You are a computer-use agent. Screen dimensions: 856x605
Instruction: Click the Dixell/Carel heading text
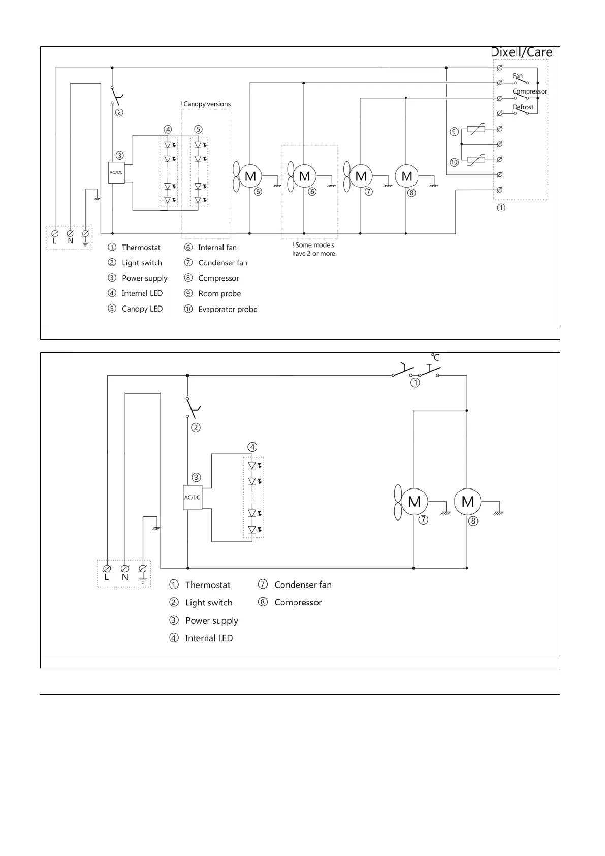click(x=522, y=52)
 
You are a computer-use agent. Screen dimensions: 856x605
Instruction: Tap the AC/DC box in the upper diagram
click(x=116, y=172)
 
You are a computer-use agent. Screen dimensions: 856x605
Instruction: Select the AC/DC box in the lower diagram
click(x=192, y=498)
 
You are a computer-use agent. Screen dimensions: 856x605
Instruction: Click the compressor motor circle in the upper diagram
click(x=407, y=176)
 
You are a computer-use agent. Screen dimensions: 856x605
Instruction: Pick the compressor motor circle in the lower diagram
click(x=467, y=502)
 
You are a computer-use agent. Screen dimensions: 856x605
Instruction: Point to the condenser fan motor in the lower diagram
click(x=414, y=502)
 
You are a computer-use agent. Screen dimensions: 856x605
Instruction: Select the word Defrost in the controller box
click(x=523, y=107)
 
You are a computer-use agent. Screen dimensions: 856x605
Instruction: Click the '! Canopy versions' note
click(x=206, y=104)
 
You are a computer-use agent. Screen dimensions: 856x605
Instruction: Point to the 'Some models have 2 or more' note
click(x=314, y=249)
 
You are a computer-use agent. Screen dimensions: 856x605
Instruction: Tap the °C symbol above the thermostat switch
click(x=435, y=357)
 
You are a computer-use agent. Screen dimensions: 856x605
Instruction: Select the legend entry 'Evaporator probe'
click(x=228, y=309)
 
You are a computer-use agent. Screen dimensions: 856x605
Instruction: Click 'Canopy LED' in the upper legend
click(x=142, y=309)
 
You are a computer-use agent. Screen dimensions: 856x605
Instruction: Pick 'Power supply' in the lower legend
click(x=211, y=621)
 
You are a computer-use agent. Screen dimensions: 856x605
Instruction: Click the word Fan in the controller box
click(x=517, y=76)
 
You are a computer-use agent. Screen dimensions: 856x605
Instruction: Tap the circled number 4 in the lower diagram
click(x=252, y=447)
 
